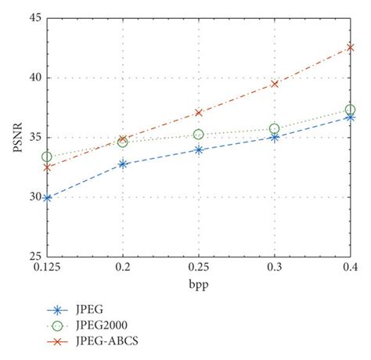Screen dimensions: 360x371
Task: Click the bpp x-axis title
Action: click(198, 284)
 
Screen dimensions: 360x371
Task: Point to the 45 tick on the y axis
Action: click(34, 18)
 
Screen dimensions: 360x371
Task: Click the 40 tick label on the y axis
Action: click(34, 77)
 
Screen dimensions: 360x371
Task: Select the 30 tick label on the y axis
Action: click(34, 196)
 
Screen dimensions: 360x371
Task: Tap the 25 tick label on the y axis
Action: click(34, 256)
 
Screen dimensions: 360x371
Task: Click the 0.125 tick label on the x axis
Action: click(47, 268)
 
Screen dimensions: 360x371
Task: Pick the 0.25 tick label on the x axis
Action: click(199, 268)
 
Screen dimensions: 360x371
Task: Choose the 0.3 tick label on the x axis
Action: click(275, 268)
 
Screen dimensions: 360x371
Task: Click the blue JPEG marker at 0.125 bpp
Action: click(47, 198)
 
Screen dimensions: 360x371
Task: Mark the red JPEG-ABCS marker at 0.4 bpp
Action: click(350, 48)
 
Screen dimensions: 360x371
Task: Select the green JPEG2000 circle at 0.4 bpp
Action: click(350, 110)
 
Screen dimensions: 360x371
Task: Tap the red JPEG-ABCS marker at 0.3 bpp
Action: click(275, 84)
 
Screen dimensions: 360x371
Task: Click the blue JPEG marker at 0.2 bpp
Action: click(123, 164)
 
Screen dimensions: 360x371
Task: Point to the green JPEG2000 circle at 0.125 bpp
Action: click(47, 157)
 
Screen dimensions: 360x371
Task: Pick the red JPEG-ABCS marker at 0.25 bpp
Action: click(199, 113)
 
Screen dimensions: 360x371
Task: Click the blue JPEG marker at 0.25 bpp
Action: click(199, 149)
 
